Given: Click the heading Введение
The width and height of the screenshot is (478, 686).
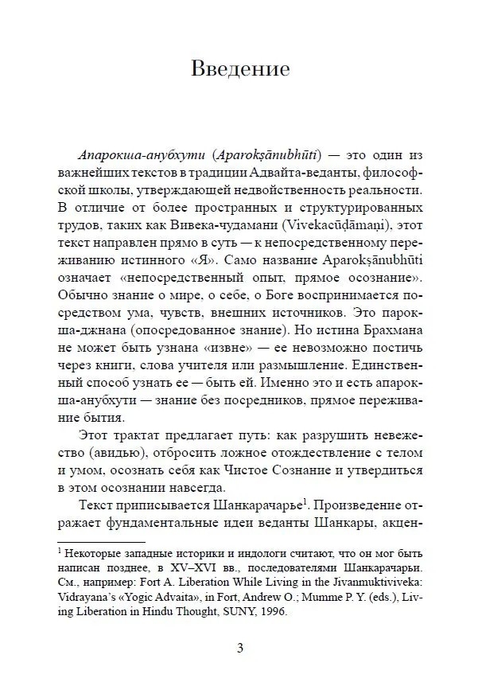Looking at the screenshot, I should (x=239, y=68).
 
